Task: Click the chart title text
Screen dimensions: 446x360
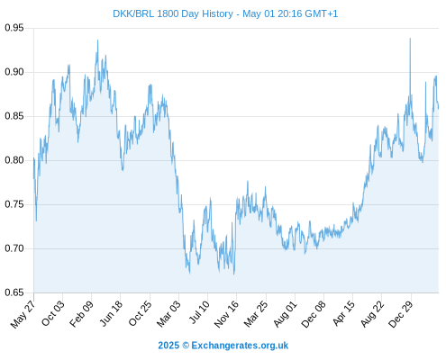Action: click(225, 13)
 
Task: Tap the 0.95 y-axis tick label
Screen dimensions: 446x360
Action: click(14, 28)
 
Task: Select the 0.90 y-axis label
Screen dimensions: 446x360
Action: click(14, 72)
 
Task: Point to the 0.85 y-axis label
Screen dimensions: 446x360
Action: click(14, 116)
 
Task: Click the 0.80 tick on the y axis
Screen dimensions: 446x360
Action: click(14, 160)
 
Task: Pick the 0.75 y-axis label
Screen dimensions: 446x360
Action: click(14, 204)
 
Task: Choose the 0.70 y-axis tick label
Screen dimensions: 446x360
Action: click(14, 248)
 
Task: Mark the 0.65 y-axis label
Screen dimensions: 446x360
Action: click(14, 292)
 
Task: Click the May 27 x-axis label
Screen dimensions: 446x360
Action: click(23, 314)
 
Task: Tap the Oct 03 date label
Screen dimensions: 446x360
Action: click(53, 313)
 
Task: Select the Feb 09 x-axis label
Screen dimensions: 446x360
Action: click(81, 314)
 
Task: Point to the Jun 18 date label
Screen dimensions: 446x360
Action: click(111, 313)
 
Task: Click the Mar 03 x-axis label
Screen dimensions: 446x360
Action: click(168, 313)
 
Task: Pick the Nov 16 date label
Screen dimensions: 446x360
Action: click(226, 314)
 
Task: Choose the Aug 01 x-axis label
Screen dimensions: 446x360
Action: click(286, 314)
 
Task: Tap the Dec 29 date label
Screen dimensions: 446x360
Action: click(401, 314)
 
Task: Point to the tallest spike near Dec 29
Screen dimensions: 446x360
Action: click(410, 39)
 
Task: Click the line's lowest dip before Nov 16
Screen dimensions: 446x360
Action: click(233, 274)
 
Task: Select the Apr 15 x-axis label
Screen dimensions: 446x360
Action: click(343, 313)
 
